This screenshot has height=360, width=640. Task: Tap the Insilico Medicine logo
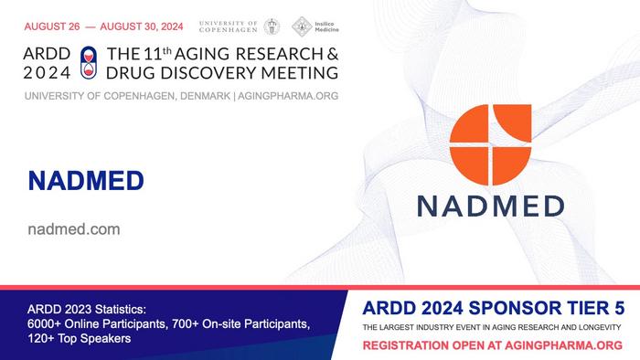click(315, 26)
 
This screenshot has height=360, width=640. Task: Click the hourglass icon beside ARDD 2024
click(88, 60)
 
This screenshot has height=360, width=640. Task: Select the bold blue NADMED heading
click(86, 180)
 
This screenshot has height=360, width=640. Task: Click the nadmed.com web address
click(74, 229)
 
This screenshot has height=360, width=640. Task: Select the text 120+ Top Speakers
click(80, 339)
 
